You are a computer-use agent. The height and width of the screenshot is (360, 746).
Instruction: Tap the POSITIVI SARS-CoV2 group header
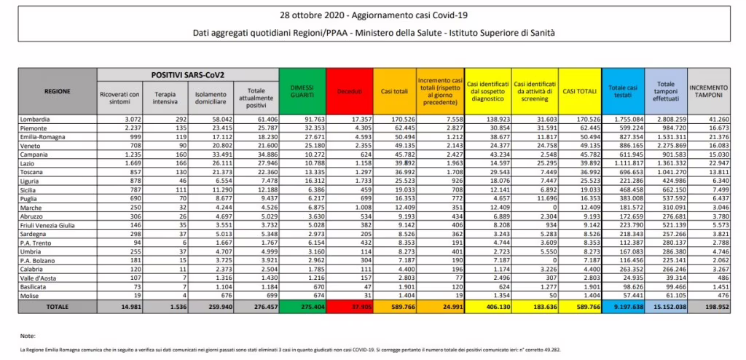187,75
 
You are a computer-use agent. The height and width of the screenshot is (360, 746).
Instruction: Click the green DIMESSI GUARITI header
301,91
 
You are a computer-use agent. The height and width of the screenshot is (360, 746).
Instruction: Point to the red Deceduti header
348,91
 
